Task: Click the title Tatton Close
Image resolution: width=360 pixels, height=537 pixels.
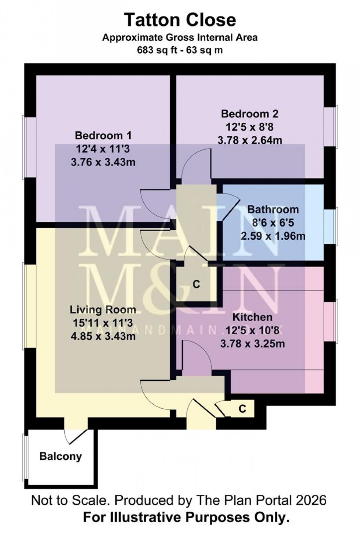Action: [180, 20]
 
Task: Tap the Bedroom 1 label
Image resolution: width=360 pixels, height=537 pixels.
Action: [103, 136]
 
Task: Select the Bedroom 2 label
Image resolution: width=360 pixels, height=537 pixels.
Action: [249, 114]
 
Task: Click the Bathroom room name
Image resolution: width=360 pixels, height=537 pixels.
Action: [273, 210]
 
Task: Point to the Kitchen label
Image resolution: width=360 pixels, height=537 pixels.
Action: [252, 317]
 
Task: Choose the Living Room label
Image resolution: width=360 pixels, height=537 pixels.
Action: [103, 310]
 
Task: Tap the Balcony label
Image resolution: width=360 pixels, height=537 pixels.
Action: [61, 457]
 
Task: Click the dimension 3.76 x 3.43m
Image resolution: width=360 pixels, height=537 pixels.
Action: [103, 162]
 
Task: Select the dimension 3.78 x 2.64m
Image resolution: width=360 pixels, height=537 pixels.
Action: [249, 140]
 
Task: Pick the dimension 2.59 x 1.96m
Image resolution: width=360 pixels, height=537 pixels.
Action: [273, 236]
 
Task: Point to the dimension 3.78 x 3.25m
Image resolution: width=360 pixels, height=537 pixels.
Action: [252, 343]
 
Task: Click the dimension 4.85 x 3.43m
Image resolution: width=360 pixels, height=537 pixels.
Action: [103, 336]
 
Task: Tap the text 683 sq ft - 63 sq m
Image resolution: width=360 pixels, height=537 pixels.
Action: [180, 50]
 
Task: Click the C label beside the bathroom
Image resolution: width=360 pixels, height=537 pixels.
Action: [197, 284]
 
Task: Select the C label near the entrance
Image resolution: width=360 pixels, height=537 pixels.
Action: [242, 409]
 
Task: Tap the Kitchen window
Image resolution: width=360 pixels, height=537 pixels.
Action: [330, 322]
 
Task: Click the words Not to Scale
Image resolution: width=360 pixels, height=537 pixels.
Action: [70, 500]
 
